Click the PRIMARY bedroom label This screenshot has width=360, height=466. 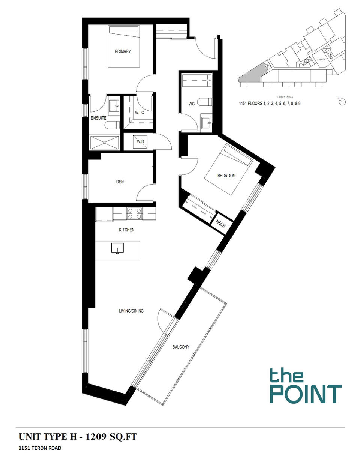point(123,51)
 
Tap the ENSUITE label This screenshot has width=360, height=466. point(99,118)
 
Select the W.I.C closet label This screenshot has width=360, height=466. point(139,113)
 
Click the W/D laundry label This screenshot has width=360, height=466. point(141,142)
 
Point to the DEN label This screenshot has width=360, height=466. point(120,182)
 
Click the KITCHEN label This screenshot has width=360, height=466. point(126,230)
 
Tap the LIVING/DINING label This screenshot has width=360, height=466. point(131,311)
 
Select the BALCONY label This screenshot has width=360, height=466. point(181,347)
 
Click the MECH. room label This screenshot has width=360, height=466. point(221,225)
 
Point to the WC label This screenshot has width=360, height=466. point(191,104)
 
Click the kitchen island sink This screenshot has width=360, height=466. point(117,248)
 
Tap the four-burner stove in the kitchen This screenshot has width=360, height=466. point(134,213)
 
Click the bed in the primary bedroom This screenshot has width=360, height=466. point(124,46)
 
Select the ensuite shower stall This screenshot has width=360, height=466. point(105,143)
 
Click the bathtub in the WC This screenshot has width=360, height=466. point(196,80)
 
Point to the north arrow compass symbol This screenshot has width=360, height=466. point(342,102)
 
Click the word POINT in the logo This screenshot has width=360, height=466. point(306,394)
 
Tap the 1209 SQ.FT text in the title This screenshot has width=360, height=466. point(111,437)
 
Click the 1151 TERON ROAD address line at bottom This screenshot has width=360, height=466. point(40,448)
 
